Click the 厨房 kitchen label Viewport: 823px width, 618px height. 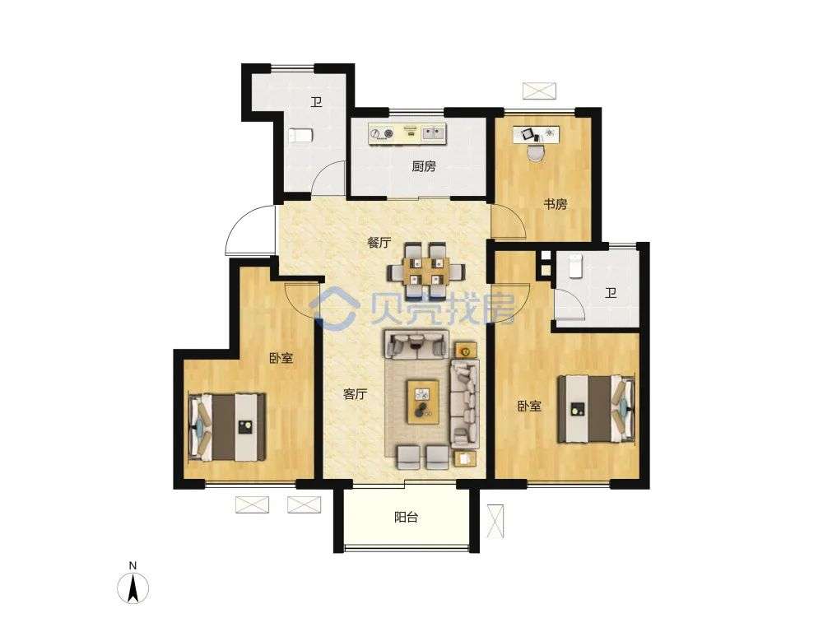tap(424, 167)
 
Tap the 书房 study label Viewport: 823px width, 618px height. tap(555, 204)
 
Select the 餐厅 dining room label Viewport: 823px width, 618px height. tap(379, 243)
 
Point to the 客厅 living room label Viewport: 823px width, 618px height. tap(355, 394)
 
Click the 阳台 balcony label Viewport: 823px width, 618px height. tap(407, 518)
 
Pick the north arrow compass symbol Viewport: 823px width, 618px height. tap(134, 584)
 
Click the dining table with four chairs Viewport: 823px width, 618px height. tap(426, 270)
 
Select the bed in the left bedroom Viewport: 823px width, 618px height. tap(227, 428)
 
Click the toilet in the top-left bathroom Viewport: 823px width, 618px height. tap(300, 136)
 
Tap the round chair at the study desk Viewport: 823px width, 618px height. tap(537, 151)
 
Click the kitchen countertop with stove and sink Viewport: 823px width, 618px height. tap(407, 133)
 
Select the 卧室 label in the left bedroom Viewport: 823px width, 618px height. tap(281, 358)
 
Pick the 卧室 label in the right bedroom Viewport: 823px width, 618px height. tap(529, 406)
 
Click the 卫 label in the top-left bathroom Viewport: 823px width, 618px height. tap(315, 102)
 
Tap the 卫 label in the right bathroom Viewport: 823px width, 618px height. tap(611, 293)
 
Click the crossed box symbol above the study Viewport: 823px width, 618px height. tap(539, 91)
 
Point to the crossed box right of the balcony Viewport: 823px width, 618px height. tap(495, 521)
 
